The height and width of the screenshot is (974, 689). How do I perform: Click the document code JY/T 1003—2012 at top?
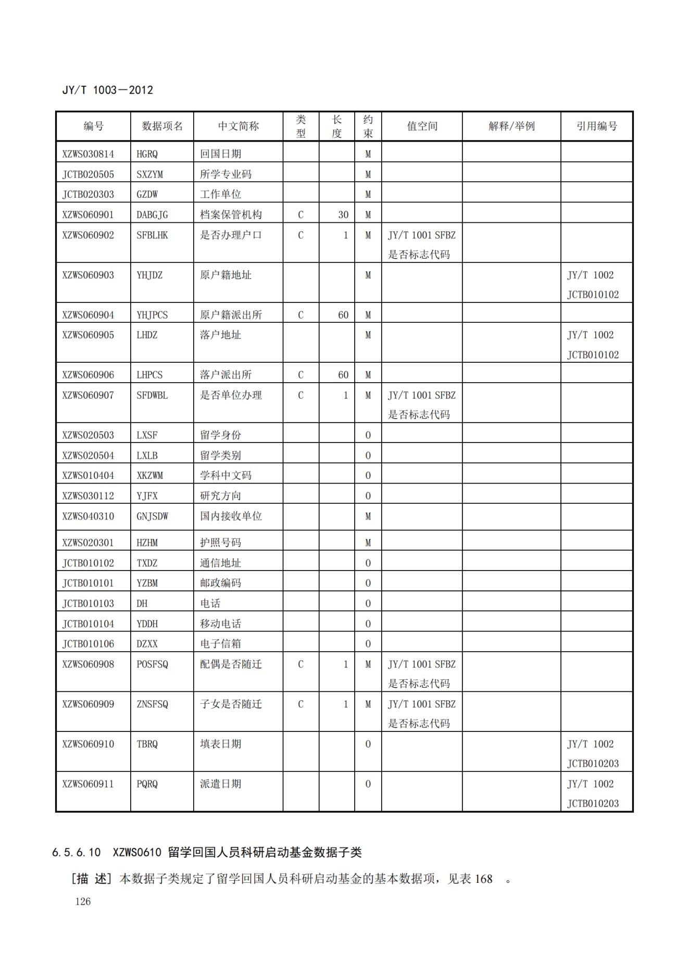point(108,90)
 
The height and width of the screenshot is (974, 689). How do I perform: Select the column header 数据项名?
point(162,126)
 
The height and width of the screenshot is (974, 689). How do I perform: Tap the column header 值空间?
point(422,126)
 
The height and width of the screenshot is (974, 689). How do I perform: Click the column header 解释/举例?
point(511,126)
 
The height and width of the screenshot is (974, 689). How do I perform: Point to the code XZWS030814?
point(88,154)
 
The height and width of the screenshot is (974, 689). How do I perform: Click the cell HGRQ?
point(147,154)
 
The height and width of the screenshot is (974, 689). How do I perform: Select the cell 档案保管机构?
point(231,214)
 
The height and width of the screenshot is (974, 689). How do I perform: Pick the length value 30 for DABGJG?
point(343,214)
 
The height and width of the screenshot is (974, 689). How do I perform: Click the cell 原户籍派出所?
point(231,315)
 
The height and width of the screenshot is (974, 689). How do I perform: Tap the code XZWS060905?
point(88,335)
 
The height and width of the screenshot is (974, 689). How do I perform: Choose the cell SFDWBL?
point(152,395)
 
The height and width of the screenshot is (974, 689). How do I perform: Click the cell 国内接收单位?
point(231,516)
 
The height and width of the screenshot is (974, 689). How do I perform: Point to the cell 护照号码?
point(220,542)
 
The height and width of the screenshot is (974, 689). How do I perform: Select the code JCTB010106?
point(88,644)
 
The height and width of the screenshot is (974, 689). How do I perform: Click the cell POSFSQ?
point(152,664)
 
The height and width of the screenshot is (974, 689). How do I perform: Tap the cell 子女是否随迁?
point(231,704)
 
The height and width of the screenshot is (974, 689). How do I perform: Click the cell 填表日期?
point(220,744)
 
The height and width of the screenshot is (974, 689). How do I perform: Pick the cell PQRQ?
point(147,784)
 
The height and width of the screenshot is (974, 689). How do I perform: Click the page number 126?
point(83,902)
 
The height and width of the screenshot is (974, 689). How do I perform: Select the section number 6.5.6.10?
point(76,852)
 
